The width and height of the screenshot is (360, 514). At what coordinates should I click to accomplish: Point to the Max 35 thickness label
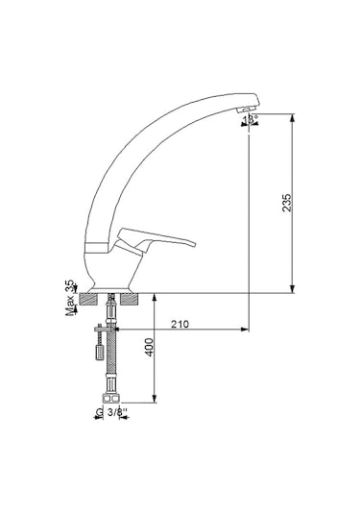pyautogui.click(x=70, y=299)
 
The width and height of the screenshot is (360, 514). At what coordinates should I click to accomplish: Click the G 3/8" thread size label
pyautogui.click(x=113, y=412)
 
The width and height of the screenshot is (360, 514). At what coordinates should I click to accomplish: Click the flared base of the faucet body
pyautogui.click(x=112, y=284)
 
